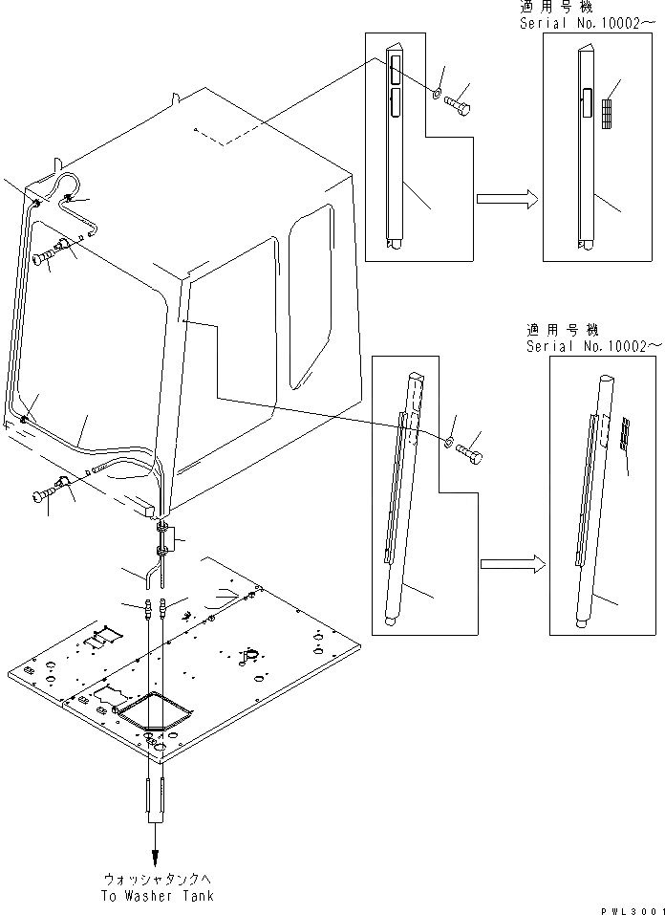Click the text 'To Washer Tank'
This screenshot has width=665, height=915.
pyautogui.click(x=159, y=896)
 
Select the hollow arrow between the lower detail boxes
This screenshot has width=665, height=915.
pyautogui.click(x=510, y=564)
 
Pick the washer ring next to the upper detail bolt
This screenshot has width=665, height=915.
pyautogui.click(x=436, y=94)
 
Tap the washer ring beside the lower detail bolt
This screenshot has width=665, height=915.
pyautogui.click(x=448, y=441)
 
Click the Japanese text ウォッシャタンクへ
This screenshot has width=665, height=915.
pyautogui.click(x=158, y=880)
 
